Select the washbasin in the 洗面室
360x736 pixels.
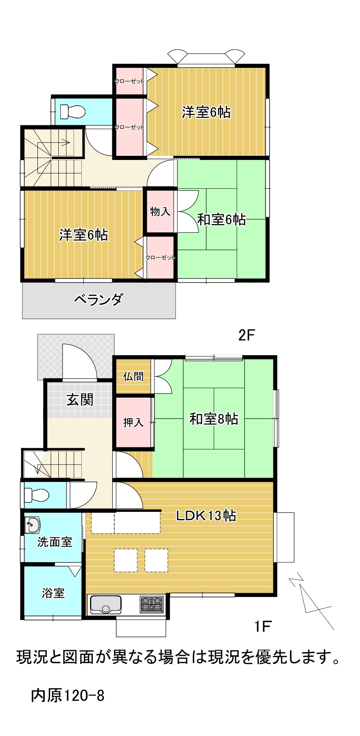[x=32, y=525]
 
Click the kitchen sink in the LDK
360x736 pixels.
[x=106, y=604]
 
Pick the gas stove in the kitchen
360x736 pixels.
[x=152, y=604]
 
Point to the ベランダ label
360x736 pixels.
[x=98, y=300]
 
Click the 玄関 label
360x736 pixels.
[x=80, y=399]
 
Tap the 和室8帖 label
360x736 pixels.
[x=214, y=419]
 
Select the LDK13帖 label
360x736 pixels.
[x=206, y=515]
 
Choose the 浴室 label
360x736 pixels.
[x=53, y=593]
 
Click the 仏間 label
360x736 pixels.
[x=134, y=376]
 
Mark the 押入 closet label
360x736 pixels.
[x=134, y=422]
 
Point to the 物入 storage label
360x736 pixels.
[x=160, y=212]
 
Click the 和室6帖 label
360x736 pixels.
[x=222, y=220]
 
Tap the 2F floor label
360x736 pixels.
[x=247, y=336]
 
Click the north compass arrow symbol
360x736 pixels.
[x=311, y=601]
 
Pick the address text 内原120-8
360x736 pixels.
[x=68, y=695]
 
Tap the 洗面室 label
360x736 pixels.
[x=55, y=542]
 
